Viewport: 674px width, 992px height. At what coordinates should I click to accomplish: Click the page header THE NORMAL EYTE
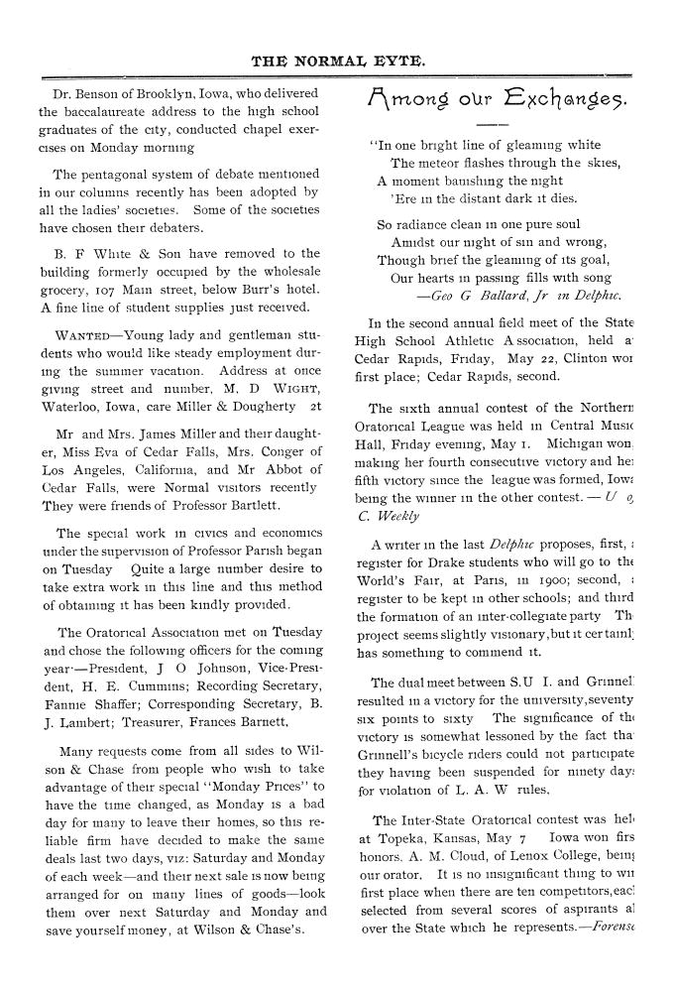pyautogui.click(x=338, y=61)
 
